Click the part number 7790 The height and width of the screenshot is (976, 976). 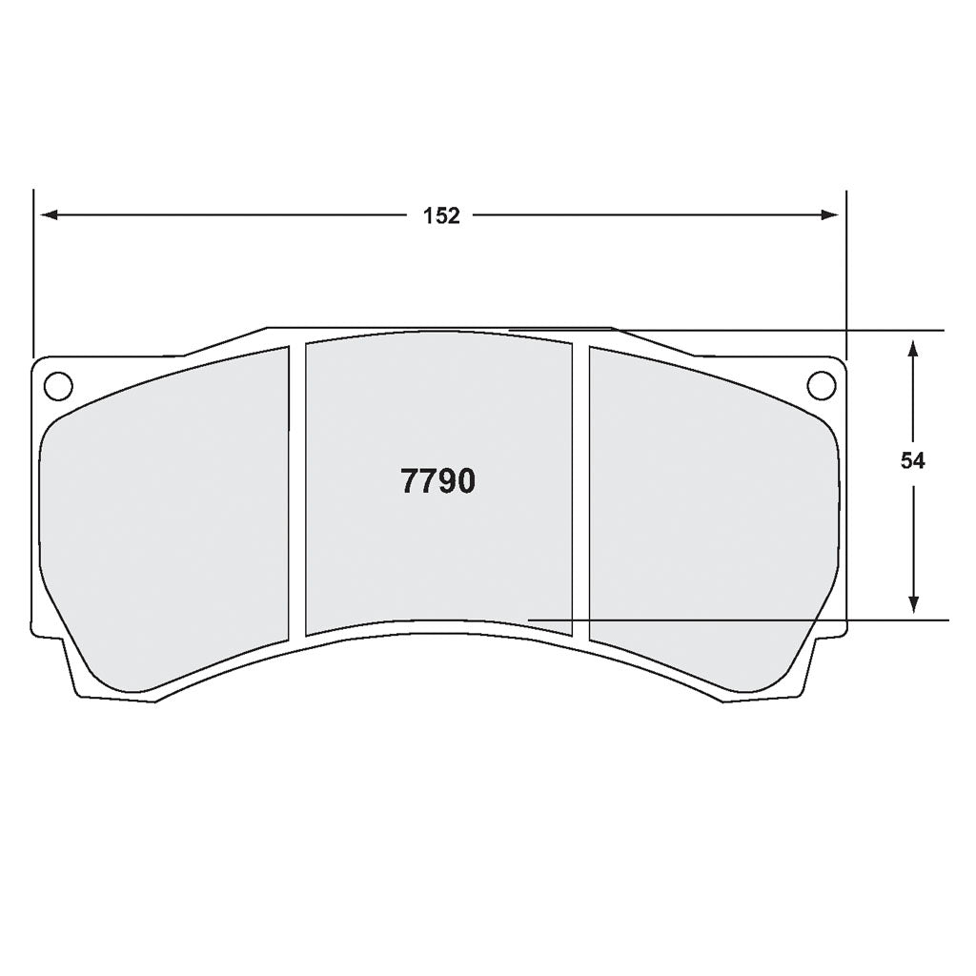tap(437, 482)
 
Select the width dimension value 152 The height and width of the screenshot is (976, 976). tap(441, 216)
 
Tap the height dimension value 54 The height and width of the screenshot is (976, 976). tap(912, 461)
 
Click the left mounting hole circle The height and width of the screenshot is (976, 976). tap(58, 386)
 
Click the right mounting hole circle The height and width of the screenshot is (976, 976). tap(820, 386)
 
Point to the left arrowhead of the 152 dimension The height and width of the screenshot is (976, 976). tap(48, 215)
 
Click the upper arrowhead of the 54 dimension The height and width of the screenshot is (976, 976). tap(913, 346)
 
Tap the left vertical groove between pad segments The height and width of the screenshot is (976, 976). tap(296, 491)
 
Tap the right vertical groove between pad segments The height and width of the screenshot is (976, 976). tap(580, 491)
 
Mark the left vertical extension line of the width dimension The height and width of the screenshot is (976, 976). tap(33, 276)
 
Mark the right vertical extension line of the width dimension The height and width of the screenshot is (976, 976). tap(846, 276)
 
